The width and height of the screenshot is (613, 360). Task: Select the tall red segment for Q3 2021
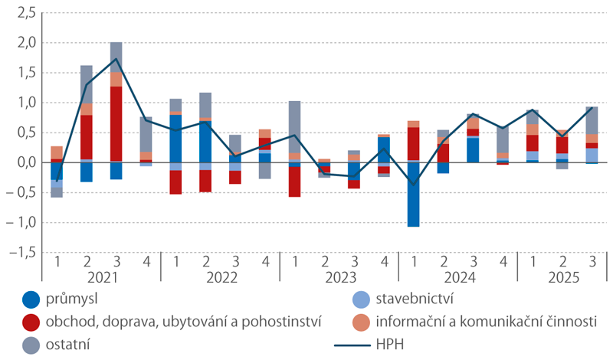[116, 123]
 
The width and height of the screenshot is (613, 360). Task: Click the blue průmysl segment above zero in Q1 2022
[175, 139]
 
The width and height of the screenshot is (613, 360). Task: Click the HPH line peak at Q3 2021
[116, 59]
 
